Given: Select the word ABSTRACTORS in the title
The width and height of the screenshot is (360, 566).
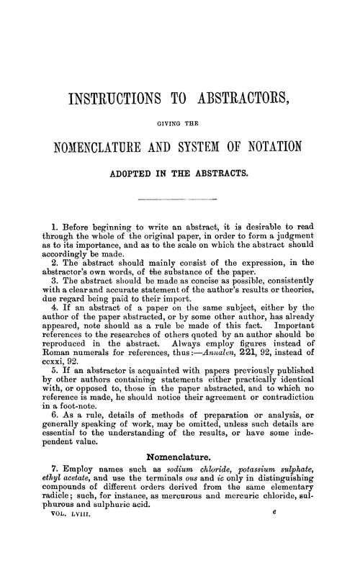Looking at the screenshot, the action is [x=238, y=99].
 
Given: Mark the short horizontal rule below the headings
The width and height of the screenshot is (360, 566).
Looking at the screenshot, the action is [x=180, y=197].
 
